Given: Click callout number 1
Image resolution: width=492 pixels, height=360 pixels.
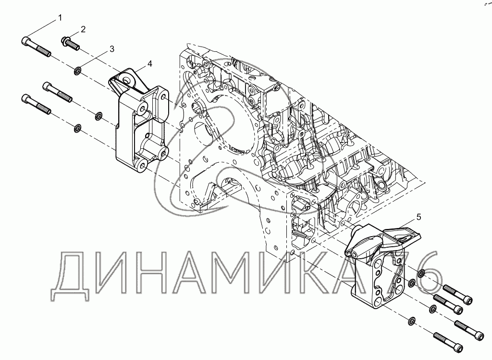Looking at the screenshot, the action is pyautogui.click(x=61, y=18).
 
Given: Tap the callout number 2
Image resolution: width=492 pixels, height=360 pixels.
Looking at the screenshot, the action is pyautogui.click(x=83, y=29).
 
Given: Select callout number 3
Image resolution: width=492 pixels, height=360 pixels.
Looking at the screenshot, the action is pyautogui.click(x=111, y=48).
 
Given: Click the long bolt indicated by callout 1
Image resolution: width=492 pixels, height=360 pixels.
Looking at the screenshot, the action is pyautogui.click(x=36, y=47).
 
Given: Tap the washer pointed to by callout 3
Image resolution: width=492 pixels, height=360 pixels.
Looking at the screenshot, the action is pyautogui.click(x=77, y=72).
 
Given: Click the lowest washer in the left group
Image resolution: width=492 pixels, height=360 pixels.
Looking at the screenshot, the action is pyautogui.click(x=77, y=128).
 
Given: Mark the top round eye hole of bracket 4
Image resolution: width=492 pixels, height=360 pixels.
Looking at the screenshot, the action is pyautogui.click(x=127, y=77).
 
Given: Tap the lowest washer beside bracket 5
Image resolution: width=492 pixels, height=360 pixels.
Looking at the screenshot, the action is pyautogui.click(x=412, y=320).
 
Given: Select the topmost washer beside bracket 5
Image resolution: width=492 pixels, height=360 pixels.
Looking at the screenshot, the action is pyautogui.click(x=421, y=274).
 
